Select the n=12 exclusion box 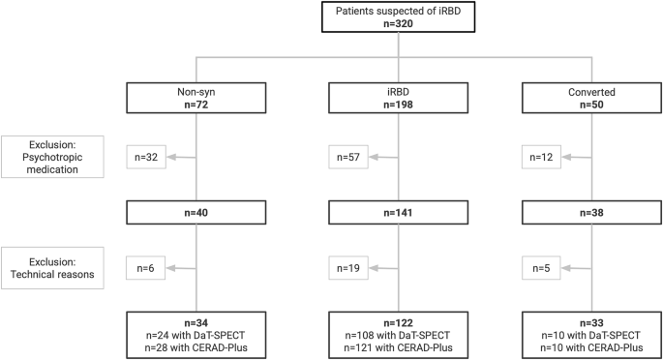pos(539,155)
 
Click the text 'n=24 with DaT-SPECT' pos(196,334)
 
